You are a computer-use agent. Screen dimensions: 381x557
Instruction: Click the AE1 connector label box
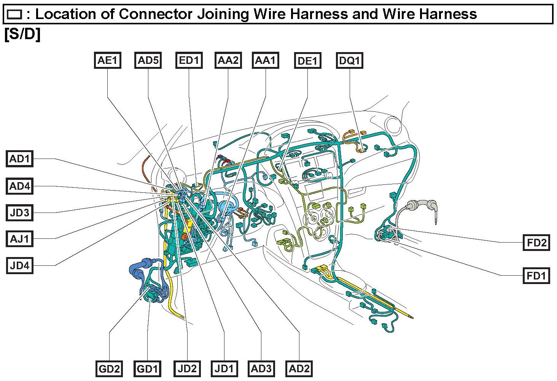click(108, 60)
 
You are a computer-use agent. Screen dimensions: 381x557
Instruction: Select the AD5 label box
click(148, 60)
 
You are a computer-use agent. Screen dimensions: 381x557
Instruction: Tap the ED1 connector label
click(189, 60)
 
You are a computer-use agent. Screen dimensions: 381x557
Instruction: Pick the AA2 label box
click(228, 60)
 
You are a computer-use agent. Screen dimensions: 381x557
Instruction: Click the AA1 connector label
click(266, 60)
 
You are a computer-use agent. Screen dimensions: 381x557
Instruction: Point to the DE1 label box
click(307, 61)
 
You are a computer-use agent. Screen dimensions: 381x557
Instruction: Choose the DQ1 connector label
click(350, 61)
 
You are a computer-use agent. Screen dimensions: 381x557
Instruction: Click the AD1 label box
click(20, 159)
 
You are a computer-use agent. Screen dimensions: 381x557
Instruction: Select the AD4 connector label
click(20, 186)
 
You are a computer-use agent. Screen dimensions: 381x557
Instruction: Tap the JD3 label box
click(20, 213)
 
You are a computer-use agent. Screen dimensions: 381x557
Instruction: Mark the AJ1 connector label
click(20, 239)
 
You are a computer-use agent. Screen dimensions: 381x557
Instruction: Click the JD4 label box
click(20, 265)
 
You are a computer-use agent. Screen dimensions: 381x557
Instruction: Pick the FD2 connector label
click(536, 242)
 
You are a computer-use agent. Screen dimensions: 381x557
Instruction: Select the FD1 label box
click(536, 275)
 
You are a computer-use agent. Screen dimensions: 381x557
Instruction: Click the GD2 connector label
click(109, 369)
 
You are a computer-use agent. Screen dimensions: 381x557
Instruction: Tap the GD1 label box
click(147, 369)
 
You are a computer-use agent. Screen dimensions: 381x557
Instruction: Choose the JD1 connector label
click(224, 369)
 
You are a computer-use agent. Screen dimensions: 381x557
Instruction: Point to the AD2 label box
click(299, 369)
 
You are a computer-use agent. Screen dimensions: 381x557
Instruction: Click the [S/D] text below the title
click(22, 34)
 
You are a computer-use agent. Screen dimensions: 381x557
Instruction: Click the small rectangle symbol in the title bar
click(15, 15)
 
